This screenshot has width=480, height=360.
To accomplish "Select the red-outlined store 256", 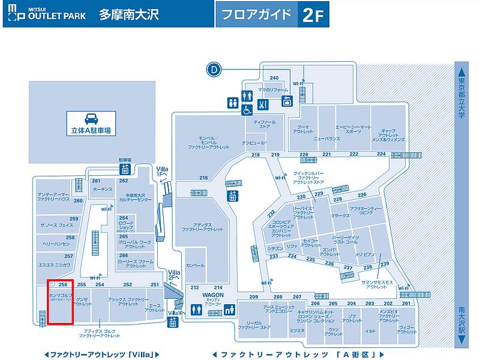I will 61,302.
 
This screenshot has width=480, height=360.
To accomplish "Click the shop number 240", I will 274,78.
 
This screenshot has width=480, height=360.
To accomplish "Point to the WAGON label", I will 212,295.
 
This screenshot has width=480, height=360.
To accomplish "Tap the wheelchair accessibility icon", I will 247,110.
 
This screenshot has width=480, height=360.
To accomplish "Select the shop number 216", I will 203,178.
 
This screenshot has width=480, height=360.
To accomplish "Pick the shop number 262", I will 123,181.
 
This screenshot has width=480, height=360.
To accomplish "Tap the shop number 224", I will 381,154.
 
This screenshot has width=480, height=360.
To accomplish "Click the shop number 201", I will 406,304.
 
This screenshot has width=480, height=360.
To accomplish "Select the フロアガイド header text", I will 256,14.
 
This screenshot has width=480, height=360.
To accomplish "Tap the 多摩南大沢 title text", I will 128,14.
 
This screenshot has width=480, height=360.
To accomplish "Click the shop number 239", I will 385,265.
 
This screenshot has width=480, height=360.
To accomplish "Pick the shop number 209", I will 253,297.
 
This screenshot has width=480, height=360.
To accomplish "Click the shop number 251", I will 155,284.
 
